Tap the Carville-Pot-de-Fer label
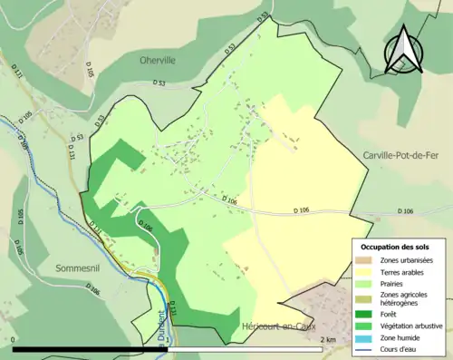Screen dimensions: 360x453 [405, 155]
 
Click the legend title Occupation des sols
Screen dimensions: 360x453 [396, 247]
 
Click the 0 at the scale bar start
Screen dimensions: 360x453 [14, 339]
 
